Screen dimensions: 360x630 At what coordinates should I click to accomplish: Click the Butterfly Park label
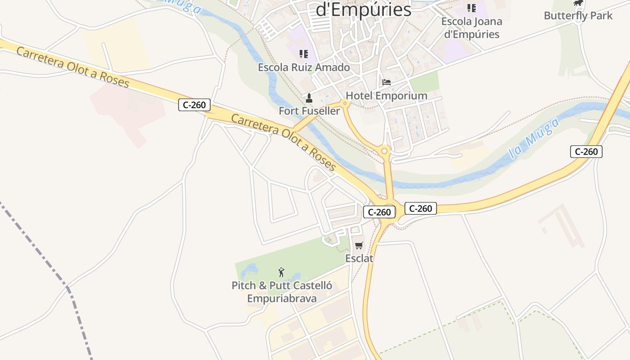[x=578, y=16]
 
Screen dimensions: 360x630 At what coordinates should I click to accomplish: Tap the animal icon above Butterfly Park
[x=578, y=4]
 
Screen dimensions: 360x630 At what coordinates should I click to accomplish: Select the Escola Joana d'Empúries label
[x=472, y=27]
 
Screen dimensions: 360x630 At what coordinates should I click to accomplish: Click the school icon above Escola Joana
[x=471, y=8]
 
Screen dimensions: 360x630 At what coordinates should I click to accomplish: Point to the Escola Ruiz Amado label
[x=304, y=67]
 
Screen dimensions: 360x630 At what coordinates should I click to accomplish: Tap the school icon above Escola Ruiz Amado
[x=304, y=54]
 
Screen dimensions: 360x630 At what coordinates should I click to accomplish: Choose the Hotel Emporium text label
[x=386, y=96]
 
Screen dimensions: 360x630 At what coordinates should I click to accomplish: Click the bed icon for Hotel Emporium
[x=386, y=82]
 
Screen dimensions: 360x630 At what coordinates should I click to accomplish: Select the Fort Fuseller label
[x=309, y=111]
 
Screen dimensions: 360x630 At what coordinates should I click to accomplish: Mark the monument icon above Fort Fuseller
[x=309, y=98]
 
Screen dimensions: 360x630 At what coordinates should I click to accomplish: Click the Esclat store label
[x=359, y=258]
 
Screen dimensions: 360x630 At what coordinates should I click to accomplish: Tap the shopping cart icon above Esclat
[x=359, y=245]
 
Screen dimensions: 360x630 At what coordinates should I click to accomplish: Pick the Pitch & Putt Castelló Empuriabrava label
[x=282, y=292]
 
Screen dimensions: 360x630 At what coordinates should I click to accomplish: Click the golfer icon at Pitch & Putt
[x=281, y=272]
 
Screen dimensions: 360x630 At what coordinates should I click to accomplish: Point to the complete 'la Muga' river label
[x=535, y=138]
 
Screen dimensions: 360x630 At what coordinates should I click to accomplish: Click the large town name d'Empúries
[x=364, y=10]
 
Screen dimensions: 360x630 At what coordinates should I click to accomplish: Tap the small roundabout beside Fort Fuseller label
[x=345, y=103]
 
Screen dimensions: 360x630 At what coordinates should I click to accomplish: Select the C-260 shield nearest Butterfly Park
[x=586, y=152]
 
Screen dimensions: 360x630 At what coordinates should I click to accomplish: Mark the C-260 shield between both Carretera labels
[x=194, y=105]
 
